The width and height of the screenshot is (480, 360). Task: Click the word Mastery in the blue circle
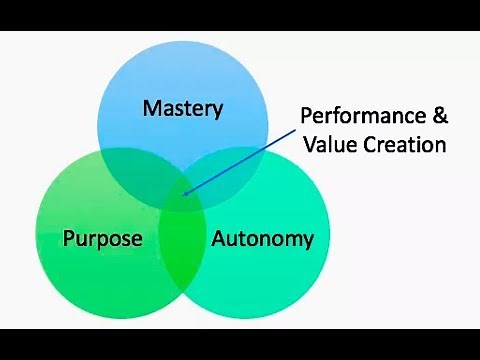[182, 108]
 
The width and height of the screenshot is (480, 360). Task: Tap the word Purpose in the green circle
[103, 239]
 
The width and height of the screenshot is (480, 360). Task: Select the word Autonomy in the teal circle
[263, 239]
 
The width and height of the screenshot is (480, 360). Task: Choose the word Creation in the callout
[404, 144]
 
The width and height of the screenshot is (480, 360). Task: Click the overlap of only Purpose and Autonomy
[182, 250]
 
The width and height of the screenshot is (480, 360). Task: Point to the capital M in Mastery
[150, 107]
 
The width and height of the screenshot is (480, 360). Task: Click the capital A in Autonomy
[217, 238]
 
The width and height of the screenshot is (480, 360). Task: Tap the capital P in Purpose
[68, 238]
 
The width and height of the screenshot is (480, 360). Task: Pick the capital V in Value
[309, 144]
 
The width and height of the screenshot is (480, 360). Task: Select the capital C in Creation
[370, 144]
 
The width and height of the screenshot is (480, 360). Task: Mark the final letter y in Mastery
[215, 111]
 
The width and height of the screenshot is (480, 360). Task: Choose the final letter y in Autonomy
[307, 242]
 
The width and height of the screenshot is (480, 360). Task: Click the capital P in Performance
[307, 114]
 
